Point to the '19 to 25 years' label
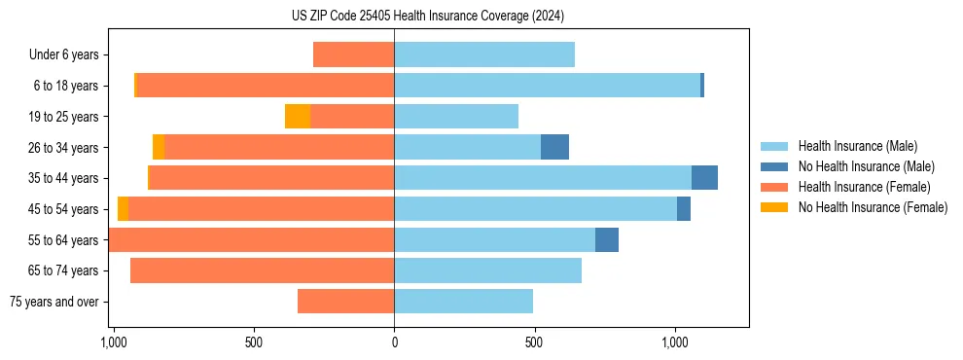[x=63, y=117]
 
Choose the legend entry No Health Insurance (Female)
[x=873, y=207]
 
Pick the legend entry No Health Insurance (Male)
[x=866, y=166]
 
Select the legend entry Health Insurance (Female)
[x=864, y=187]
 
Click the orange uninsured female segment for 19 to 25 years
[x=298, y=117]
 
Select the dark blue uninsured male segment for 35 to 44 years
[x=704, y=178]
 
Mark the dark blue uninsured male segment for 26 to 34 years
[x=554, y=147]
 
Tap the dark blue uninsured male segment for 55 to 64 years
[x=607, y=239]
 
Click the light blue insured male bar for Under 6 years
[x=484, y=54]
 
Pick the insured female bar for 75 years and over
[x=345, y=302]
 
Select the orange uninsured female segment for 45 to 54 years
[x=123, y=209]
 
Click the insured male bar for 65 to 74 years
[x=487, y=270]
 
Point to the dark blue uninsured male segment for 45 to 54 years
[x=684, y=209]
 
